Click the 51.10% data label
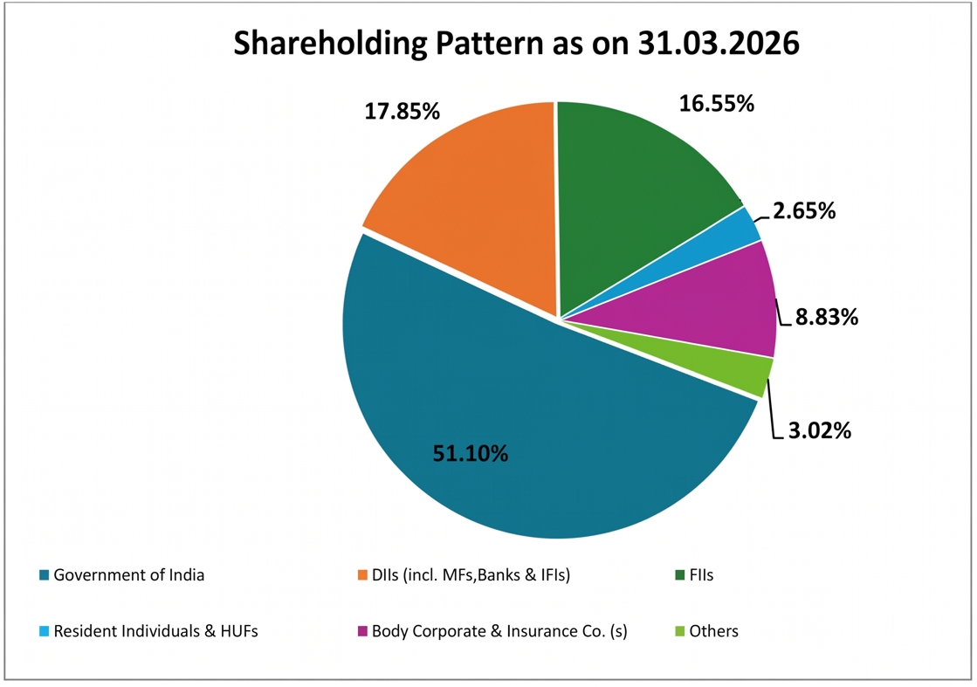coord(471,453)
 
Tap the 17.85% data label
coord(402,112)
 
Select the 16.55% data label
coord(716,104)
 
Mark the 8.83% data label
coord(826,317)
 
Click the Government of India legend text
coord(128,575)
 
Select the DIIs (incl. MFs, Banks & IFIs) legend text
coord(471,575)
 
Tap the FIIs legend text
coord(701,575)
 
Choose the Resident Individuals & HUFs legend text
coord(155,630)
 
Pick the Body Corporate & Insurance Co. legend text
coord(499,630)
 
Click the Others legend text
coord(713,630)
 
